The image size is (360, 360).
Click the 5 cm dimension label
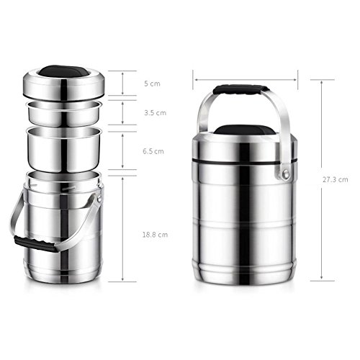[x=152, y=84]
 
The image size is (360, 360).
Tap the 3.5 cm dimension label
[x=155, y=113]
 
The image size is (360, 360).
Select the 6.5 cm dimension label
[x=153, y=151]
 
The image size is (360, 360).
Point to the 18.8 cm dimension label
[x=155, y=235]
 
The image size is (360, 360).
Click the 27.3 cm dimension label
[x=336, y=179]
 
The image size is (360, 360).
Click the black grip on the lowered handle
[x=36, y=243]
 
